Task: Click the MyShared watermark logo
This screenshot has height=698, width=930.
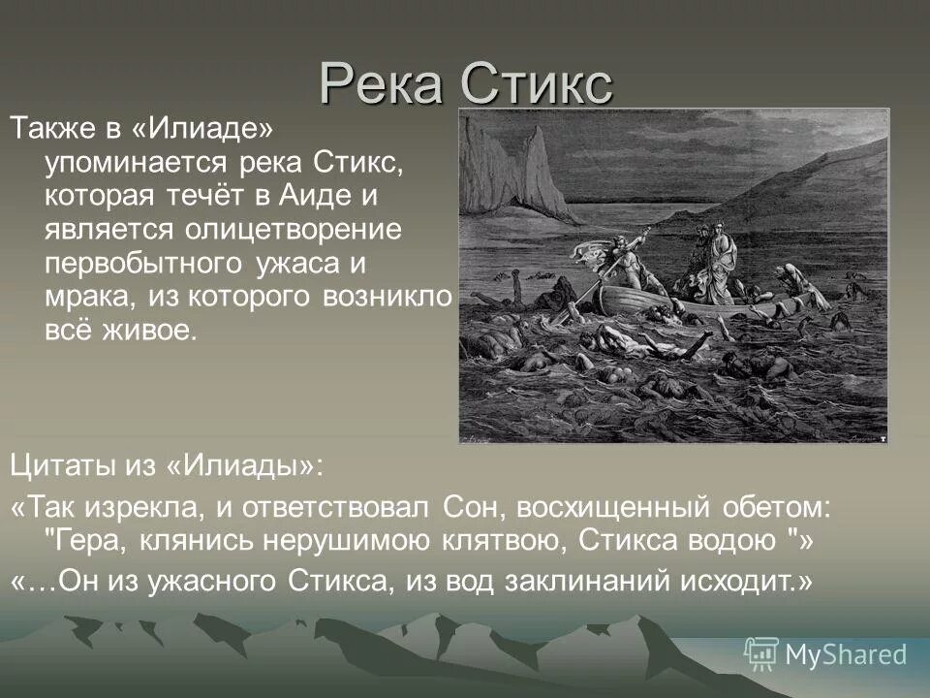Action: pyautogui.click(x=825, y=653)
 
